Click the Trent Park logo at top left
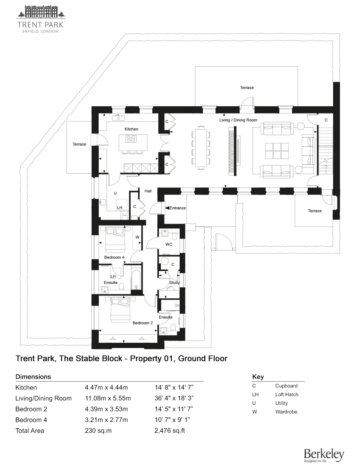click(x=40, y=19)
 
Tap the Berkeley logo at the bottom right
click(x=324, y=455)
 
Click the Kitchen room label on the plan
click(x=131, y=129)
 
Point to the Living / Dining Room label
click(x=238, y=120)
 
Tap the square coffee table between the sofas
click(x=277, y=151)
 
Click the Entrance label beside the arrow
click(x=177, y=208)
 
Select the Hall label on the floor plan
click(x=148, y=191)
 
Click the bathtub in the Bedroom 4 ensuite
click(x=136, y=280)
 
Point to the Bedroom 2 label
click(x=143, y=323)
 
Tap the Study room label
click(x=174, y=283)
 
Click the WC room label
click(x=169, y=244)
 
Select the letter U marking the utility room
click(x=115, y=193)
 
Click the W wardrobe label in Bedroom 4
click(x=137, y=237)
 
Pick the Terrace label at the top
click(x=247, y=88)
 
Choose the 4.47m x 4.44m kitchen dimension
click(x=106, y=388)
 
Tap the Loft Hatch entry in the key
click(x=287, y=395)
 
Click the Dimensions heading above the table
click(x=33, y=377)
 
